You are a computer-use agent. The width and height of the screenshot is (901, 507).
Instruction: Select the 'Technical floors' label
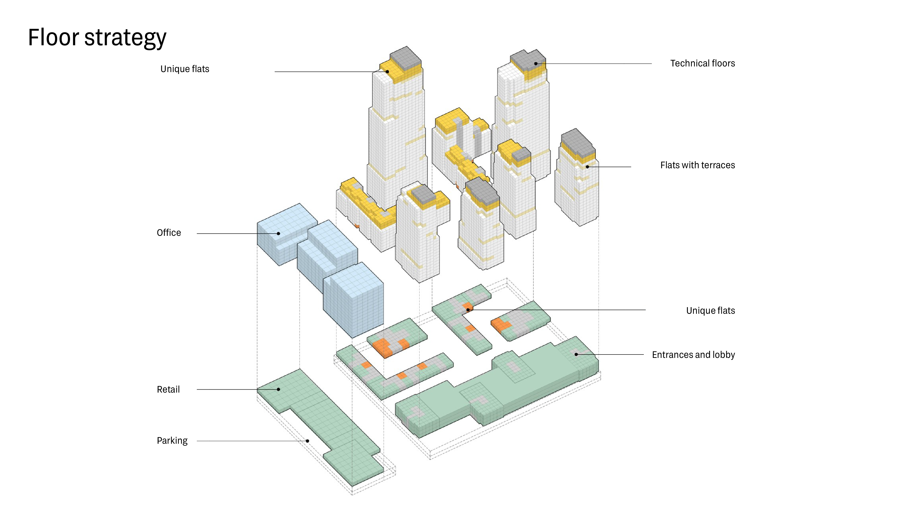[x=702, y=63]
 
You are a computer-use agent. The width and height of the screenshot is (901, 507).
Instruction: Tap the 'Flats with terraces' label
[x=697, y=165]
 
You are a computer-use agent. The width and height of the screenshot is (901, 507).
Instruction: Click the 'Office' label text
[x=169, y=233]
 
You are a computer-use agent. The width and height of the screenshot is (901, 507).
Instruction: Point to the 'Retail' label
[x=168, y=389]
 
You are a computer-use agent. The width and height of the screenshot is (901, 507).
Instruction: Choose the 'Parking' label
[x=172, y=441]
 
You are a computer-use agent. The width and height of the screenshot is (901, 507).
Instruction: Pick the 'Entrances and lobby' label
[x=693, y=355]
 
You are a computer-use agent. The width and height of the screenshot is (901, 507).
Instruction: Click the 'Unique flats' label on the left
[x=185, y=69]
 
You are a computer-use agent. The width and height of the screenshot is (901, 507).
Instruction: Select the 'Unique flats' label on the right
[x=710, y=311]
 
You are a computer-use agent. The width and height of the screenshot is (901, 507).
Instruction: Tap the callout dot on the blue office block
[x=278, y=233]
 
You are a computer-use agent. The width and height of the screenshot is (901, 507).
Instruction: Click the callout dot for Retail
[x=278, y=389]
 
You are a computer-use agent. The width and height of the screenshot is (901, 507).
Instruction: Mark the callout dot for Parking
[x=307, y=441]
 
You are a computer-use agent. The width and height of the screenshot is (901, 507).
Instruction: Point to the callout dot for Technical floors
[x=536, y=63]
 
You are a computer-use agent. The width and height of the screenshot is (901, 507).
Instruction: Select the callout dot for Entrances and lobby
[x=576, y=355]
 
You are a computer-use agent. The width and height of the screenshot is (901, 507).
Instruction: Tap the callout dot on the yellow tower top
[x=387, y=72]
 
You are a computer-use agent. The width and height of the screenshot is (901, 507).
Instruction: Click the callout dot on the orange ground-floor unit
[x=468, y=310]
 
